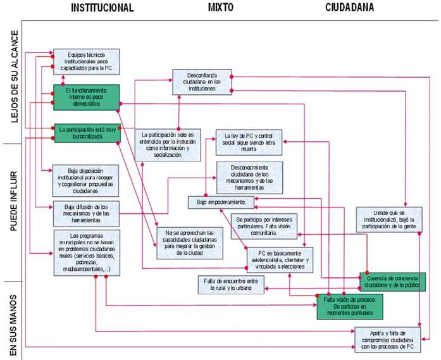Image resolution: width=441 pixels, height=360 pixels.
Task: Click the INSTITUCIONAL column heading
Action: (x=102, y=8)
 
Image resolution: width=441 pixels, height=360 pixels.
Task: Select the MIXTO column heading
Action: (x=221, y=8)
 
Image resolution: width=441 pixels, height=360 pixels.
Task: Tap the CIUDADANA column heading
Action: (x=349, y=8)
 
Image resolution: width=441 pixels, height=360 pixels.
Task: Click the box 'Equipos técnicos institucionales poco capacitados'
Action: (x=86, y=61)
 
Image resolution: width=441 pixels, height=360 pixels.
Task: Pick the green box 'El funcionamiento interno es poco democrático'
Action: (x=86, y=97)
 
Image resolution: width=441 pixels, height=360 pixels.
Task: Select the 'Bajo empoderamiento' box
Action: (x=220, y=202)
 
